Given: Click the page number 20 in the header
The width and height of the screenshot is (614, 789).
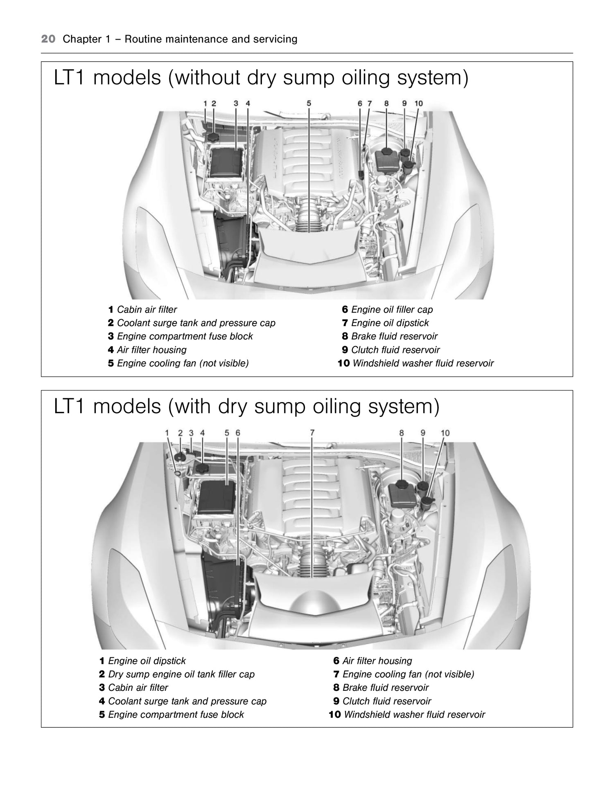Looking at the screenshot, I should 48,39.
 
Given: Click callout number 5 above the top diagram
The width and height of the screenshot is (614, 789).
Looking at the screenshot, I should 309,103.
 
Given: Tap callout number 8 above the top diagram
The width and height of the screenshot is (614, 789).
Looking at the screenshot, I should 386,103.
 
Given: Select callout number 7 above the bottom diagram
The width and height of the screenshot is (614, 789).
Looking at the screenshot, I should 312,433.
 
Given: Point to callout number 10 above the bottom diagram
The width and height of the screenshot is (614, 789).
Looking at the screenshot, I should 445,433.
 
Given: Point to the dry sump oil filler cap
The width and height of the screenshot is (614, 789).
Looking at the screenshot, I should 180,457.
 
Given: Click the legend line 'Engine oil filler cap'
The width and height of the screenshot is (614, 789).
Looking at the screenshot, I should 391,310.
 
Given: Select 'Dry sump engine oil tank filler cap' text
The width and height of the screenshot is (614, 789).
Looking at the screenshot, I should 181,674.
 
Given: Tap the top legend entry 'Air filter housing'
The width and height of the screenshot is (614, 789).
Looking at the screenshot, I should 151,350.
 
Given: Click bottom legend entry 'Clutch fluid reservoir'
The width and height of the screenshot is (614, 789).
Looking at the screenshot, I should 386,701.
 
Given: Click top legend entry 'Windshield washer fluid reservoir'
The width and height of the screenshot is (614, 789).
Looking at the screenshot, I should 422,363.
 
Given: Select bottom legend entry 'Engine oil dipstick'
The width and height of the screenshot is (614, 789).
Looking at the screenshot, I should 147,661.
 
